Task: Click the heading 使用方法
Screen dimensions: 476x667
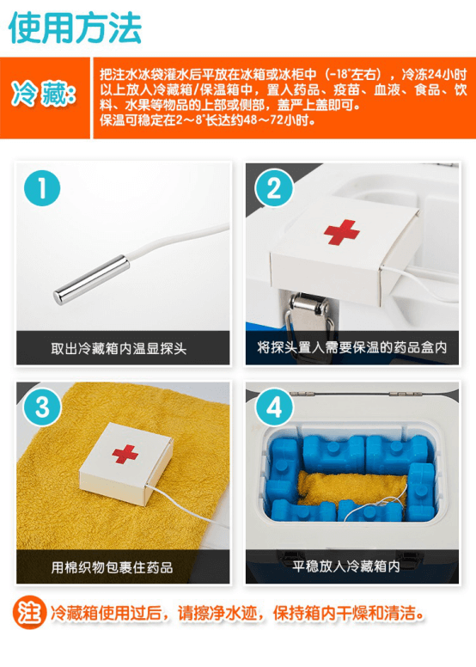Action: (75, 28)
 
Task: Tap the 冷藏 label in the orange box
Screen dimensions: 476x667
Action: (44, 93)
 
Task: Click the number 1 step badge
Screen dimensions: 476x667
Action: (42, 188)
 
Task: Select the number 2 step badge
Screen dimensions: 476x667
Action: (273, 187)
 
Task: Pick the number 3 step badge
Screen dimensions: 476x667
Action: (42, 407)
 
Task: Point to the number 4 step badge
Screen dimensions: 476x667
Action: (274, 407)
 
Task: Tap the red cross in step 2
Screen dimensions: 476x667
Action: (341, 232)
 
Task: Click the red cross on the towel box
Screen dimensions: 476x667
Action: (125, 454)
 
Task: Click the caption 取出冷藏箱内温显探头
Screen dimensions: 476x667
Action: (119, 349)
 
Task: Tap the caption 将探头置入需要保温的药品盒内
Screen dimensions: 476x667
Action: (351, 347)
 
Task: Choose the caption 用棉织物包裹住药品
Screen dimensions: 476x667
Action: (112, 567)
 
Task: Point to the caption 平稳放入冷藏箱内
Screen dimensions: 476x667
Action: (346, 566)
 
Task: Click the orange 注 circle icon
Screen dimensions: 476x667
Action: (29, 613)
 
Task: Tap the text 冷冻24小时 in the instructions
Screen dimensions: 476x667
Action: (434, 75)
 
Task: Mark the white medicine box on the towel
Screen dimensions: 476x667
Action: (126, 463)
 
